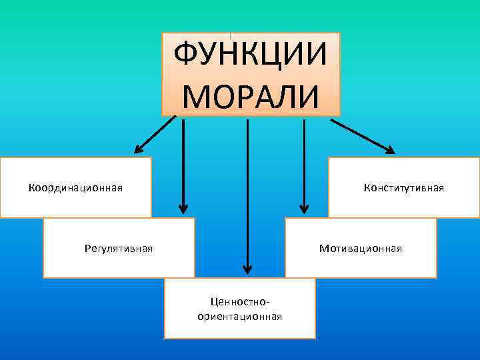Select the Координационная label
[x=75, y=187]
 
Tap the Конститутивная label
[x=404, y=187]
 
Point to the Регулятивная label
[x=119, y=249]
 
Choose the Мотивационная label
[x=360, y=249]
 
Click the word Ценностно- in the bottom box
[x=240, y=304]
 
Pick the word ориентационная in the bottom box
[x=240, y=317]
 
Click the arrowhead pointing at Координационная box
[x=139, y=149]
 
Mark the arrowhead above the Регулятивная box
[x=183, y=208]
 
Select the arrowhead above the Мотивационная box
[x=304, y=208]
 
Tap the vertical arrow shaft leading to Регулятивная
[x=183, y=160]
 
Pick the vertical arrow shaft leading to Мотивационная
[x=304, y=160]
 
